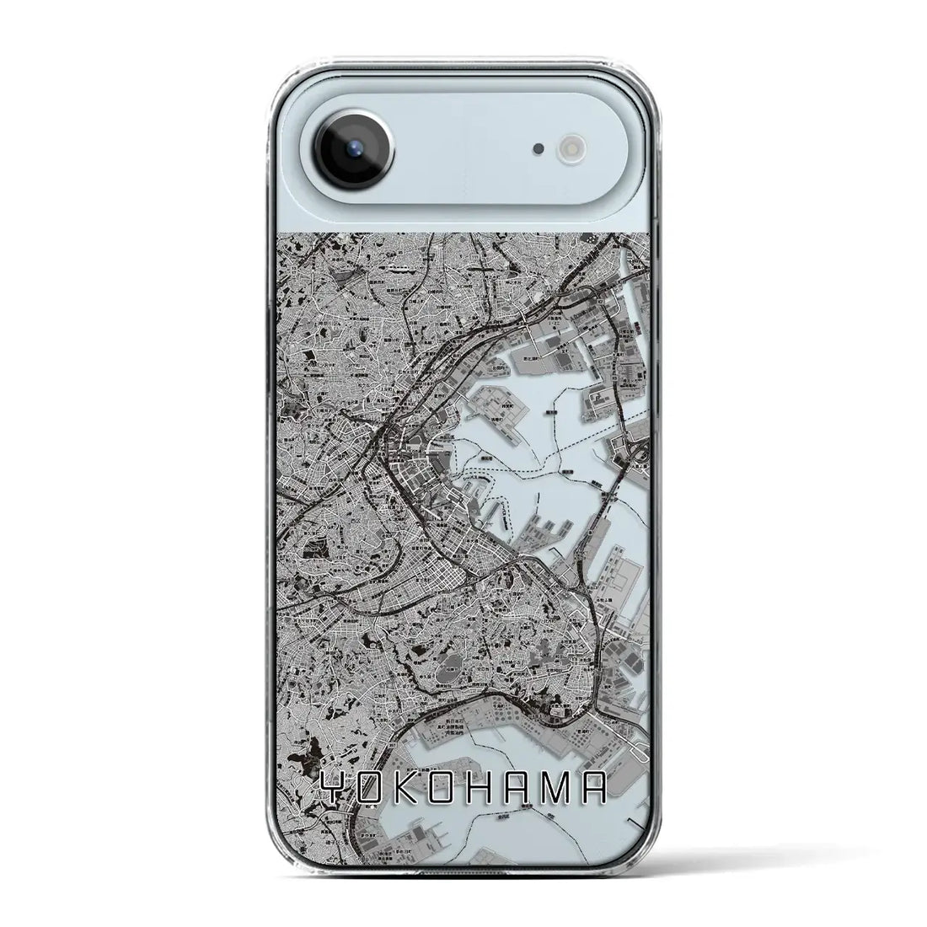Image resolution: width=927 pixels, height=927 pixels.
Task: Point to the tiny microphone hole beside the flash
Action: click(538, 149)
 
